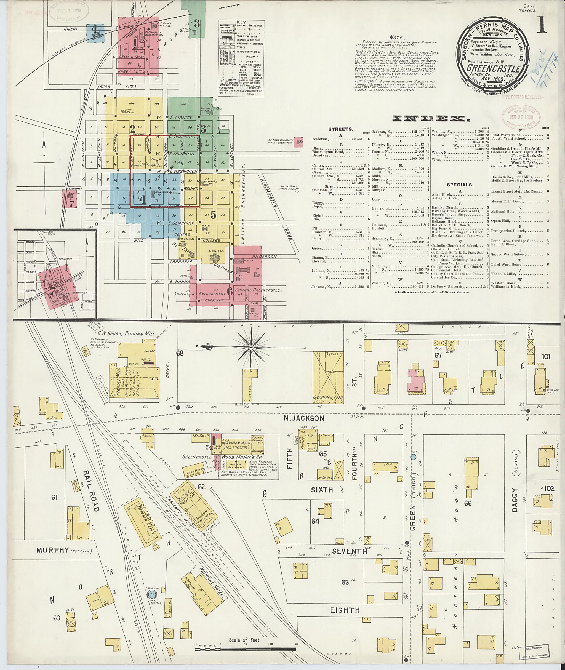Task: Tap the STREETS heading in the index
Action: coord(340,129)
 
